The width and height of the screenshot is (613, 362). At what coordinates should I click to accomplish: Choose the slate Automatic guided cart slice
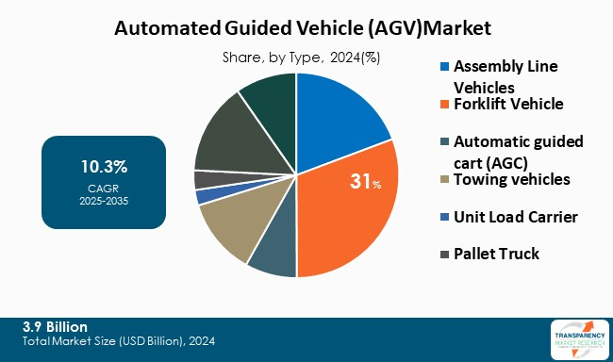[273, 255]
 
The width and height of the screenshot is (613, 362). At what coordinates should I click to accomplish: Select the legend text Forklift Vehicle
[508, 104]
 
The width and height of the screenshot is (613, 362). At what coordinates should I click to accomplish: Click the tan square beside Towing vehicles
[444, 180]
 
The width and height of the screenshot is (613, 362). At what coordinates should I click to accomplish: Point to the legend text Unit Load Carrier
[515, 217]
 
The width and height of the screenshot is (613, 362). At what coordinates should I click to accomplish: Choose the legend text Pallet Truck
[496, 254]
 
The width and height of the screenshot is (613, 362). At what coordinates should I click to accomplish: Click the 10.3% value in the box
[104, 167]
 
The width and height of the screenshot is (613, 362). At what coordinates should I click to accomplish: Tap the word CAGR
[104, 188]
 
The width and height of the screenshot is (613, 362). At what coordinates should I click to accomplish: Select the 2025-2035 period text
[104, 201]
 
